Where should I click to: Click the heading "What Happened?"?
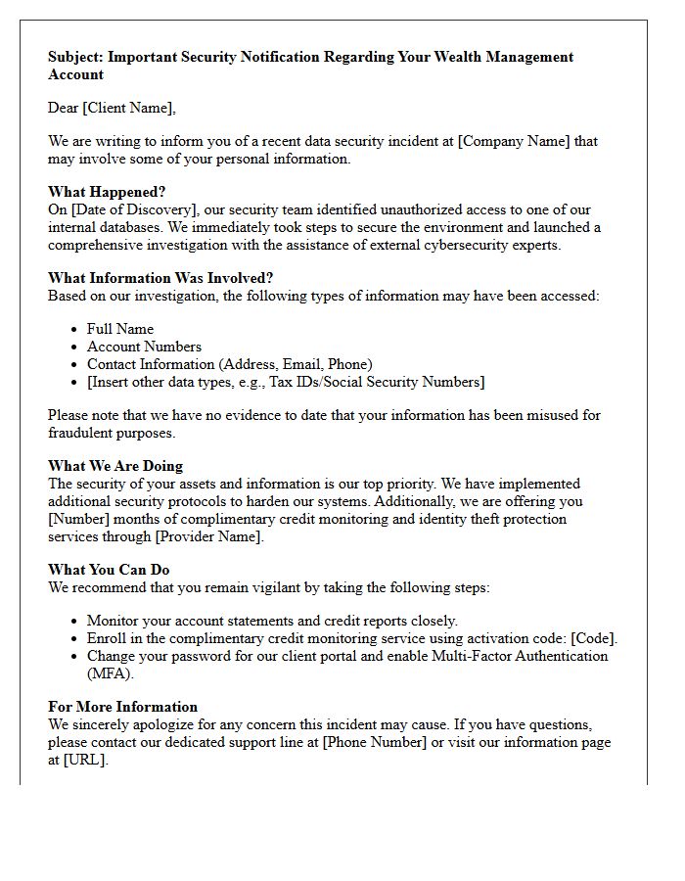click(107, 192)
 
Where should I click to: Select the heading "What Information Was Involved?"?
click(160, 278)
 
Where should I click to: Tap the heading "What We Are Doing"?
click(115, 466)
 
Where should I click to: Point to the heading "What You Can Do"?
click(109, 570)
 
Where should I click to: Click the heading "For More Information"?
click(122, 707)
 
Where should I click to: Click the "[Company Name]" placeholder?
click(515, 141)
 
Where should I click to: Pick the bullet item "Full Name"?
click(120, 329)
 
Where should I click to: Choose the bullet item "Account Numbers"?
click(144, 347)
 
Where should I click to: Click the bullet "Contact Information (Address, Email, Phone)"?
click(229, 364)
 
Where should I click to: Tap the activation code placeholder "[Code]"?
click(591, 638)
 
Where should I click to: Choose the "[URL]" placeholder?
click(84, 760)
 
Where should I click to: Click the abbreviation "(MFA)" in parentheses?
click(110, 673)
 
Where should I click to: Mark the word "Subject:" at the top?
click(75, 57)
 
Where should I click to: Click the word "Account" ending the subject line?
click(75, 74)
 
